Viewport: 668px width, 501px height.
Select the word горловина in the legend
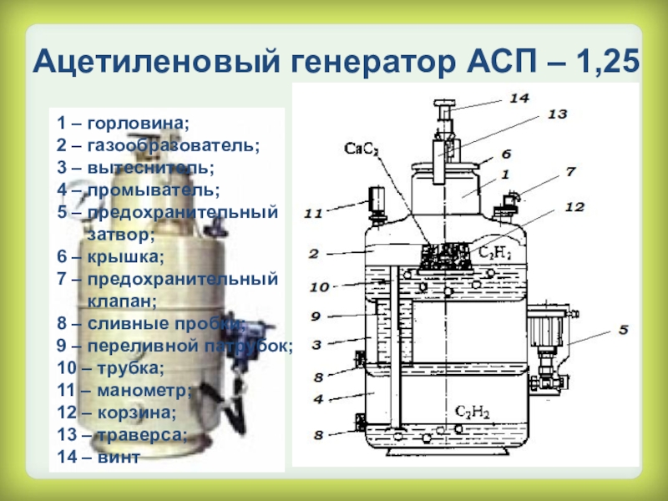coord(139,124)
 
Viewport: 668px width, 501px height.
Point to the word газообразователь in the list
coord(172,146)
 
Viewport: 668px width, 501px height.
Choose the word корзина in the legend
coord(139,412)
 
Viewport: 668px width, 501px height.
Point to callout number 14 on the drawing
coord(519,98)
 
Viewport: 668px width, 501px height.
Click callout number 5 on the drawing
coord(623,328)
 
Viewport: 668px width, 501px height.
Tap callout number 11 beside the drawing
coord(313,215)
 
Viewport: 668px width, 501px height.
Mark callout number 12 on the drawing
coord(574,206)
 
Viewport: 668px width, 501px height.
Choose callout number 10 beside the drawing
coord(319,287)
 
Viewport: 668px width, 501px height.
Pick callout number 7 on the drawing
coord(569,171)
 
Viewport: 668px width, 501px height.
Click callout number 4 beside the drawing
coord(318,399)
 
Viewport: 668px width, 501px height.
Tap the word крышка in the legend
coord(124,255)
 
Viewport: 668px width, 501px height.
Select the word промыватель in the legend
coord(150,190)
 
